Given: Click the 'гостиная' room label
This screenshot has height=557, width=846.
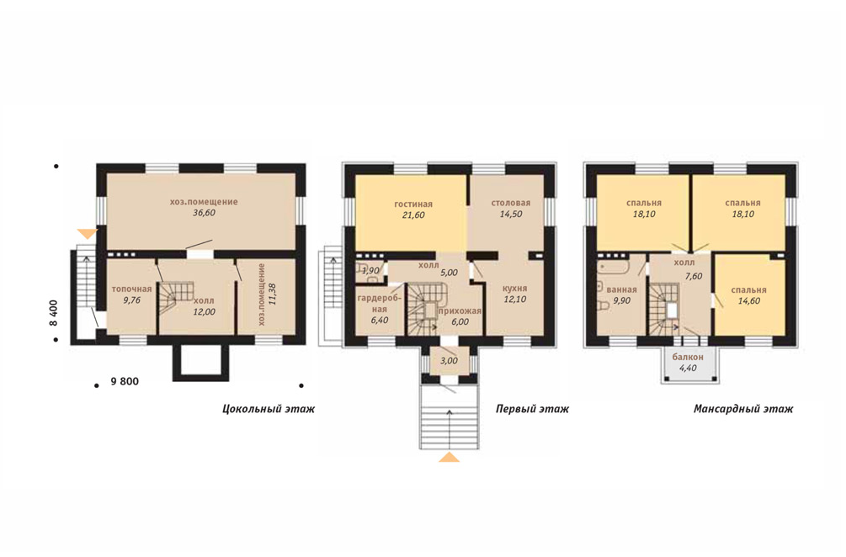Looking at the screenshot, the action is click(x=413, y=204).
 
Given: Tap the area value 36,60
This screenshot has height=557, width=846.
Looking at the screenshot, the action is click(x=204, y=213).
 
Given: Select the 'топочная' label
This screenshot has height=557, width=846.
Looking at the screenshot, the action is click(x=131, y=289).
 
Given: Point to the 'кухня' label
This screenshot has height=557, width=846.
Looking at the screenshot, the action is click(x=513, y=288).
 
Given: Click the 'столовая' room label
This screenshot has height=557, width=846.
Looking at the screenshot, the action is click(x=510, y=203).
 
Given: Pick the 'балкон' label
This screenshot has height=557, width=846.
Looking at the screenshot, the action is click(x=688, y=357).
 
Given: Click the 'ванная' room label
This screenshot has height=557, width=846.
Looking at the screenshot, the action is click(x=621, y=289).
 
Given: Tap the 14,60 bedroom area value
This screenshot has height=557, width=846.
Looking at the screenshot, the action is click(x=749, y=301).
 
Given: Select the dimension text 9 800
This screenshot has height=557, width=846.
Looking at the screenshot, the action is click(x=125, y=382).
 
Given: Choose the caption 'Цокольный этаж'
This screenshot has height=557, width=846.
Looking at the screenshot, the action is click(x=269, y=409).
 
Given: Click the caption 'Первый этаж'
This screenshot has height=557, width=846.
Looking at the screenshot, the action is click(x=532, y=409).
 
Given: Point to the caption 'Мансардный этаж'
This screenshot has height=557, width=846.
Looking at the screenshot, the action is click(x=743, y=409).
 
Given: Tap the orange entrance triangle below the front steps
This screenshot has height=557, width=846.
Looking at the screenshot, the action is click(x=449, y=457).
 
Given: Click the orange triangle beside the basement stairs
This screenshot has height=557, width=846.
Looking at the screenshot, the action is click(x=87, y=233).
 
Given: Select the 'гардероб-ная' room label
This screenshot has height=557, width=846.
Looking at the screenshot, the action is click(x=380, y=304).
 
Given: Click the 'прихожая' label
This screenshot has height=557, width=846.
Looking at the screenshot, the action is click(x=460, y=310).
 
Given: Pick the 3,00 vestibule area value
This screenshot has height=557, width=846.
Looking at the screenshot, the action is click(x=449, y=361).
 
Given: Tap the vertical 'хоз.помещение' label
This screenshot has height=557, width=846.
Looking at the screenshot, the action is click(x=262, y=294).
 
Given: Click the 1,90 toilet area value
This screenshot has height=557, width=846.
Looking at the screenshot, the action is click(x=371, y=270).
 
